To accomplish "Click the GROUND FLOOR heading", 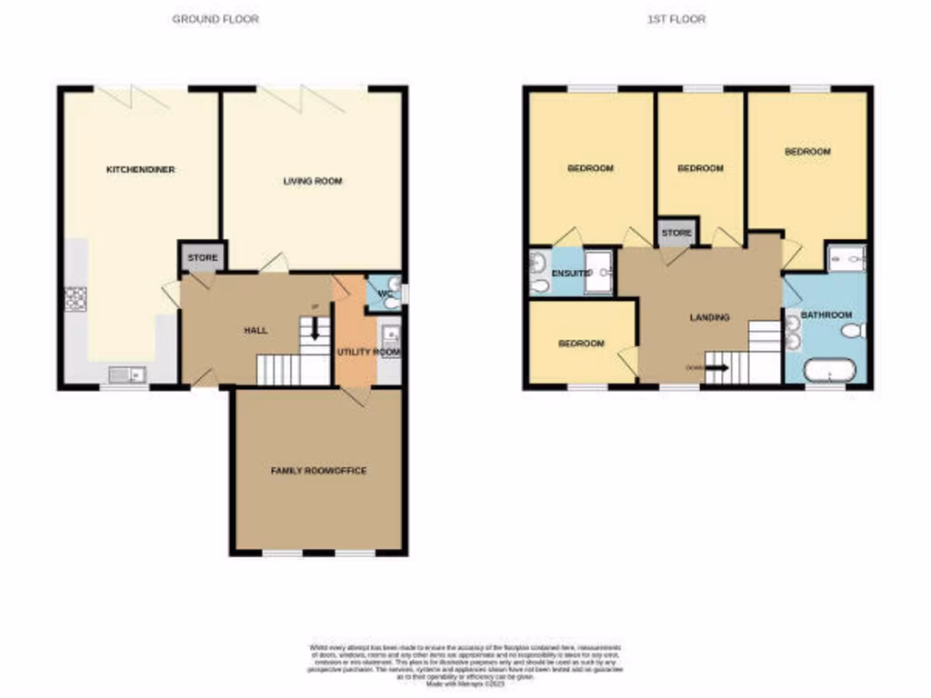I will coord(215,18).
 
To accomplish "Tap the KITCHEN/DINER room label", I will coord(140,170).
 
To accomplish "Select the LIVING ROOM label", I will coord(312,181).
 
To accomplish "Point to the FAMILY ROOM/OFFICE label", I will coord(318,471).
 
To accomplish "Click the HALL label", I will coord(255,330).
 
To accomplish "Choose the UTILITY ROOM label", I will coord(368,352).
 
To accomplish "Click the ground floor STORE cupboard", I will coord(202,258).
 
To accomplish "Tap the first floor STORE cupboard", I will coord(676,233).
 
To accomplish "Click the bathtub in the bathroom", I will coord(829,371).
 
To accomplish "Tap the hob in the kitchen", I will coord(75,298).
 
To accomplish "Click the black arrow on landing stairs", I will coord(716,368).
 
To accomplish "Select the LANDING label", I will coord(709,317).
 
